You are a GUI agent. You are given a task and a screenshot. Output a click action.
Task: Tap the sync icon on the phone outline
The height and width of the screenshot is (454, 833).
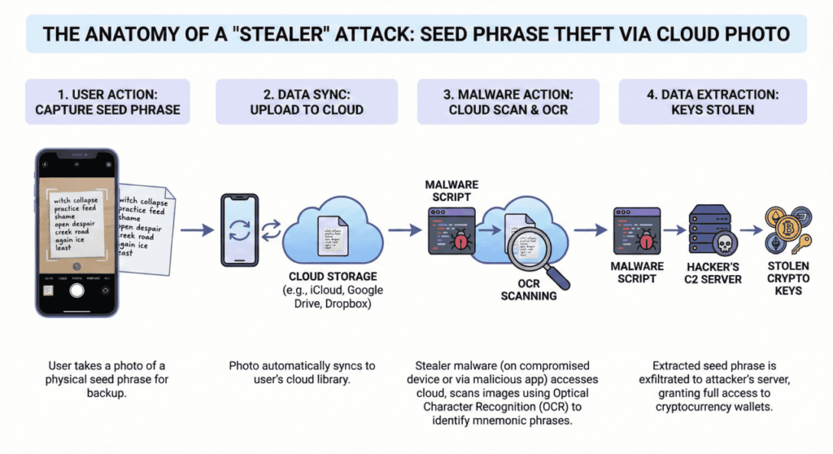coord(240,230)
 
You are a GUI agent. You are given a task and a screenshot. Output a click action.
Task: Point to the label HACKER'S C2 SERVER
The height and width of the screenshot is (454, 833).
coord(715,273)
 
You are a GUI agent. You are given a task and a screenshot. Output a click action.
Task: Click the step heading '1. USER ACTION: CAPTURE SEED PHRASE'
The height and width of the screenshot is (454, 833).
coord(107,102)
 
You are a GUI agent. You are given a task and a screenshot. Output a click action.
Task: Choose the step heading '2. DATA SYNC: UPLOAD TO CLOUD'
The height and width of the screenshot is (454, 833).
coord(306,102)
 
